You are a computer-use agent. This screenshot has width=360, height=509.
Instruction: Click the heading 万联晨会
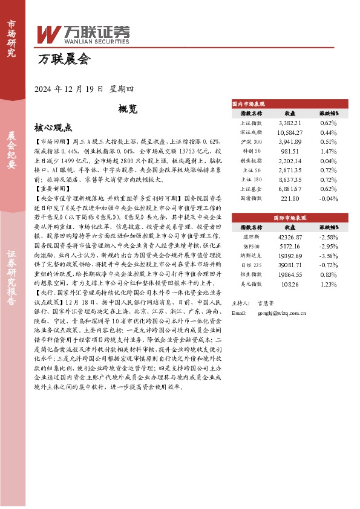tap(64, 59)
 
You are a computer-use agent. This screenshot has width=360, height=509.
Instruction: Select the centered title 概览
tap(128, 109)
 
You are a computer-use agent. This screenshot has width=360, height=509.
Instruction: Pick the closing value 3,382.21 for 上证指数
tap(289, 122)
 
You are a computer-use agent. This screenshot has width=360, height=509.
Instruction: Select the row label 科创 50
tap(250, 151)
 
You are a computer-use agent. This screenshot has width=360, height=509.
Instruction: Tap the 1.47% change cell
tap(328, 151)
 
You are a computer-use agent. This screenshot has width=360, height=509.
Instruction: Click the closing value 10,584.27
tap(289, 132)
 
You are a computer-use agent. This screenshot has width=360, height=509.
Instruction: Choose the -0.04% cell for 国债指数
tap(328, 198)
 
